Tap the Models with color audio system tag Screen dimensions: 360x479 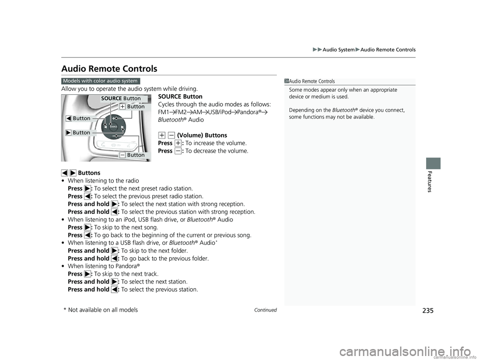point(101,81)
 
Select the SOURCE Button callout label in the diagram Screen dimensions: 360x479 point(121,98)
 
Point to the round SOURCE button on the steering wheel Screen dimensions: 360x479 point(115,127)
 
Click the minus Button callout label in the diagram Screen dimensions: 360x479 point(133,155)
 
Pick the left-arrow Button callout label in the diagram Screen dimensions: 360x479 point(78,118)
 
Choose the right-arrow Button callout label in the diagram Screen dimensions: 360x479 point(78,133)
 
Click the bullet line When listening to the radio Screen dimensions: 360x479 point(101,180)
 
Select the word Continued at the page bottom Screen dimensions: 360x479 point(265,310)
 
